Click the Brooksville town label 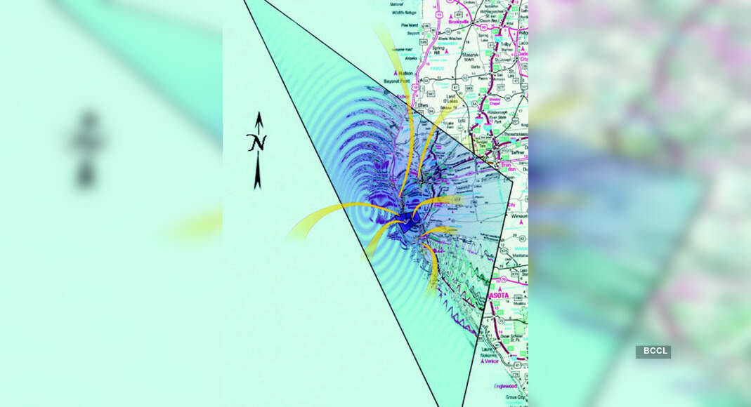tap(458, 22)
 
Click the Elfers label tap(423, 105)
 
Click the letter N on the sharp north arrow tap(257, 143)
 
